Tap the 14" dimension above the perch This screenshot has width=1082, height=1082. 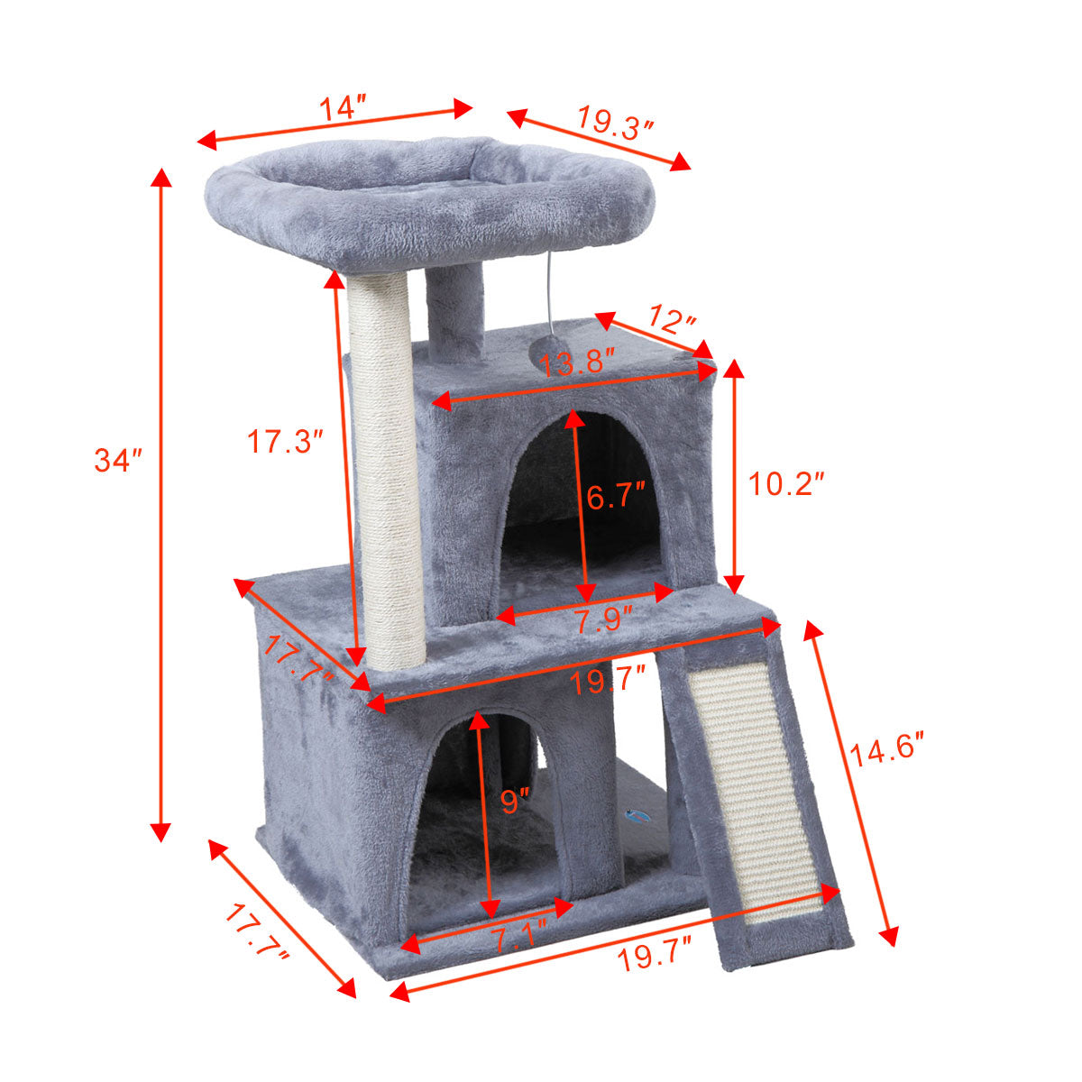click(x=341, y=108)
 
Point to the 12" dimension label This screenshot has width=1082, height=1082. click(x=672, y=320)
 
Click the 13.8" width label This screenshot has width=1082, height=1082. click(x=577, y=365)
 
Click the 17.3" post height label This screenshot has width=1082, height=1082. click(x=285, y=441)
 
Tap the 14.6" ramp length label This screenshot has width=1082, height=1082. click(x=888, y=751)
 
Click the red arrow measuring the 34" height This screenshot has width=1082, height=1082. click(x=161, y=505)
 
